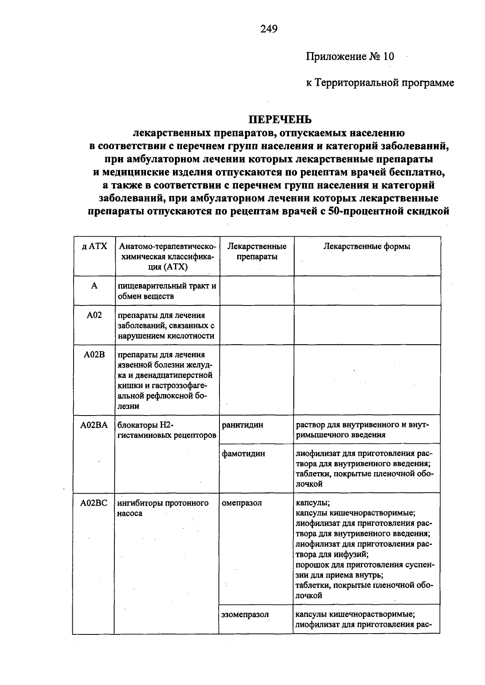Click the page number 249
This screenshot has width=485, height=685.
pos(269,29)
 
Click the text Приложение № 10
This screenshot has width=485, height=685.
pos(350,56)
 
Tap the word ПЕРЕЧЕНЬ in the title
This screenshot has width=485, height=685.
pos(280,119)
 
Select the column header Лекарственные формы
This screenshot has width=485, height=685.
pos(367,246)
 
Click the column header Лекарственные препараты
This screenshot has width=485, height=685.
pos(257,251)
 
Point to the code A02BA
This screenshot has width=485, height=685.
pos(94,425)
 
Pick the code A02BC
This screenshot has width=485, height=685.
pos(94,503)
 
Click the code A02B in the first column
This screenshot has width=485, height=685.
pos(94,355)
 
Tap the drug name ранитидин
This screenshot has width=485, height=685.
pos(242,425)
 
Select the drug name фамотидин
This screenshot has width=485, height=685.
pos(243,454)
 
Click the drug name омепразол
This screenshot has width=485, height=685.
pos(242,503)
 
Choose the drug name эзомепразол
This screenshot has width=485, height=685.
pos(245,614)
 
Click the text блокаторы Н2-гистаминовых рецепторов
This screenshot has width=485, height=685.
pos(167,430)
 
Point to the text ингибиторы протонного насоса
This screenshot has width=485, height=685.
pos(163,508)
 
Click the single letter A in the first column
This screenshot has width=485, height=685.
pos(94,286)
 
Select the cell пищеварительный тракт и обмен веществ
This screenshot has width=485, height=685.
pos(167,291)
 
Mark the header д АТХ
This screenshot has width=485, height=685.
pos(94,246)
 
